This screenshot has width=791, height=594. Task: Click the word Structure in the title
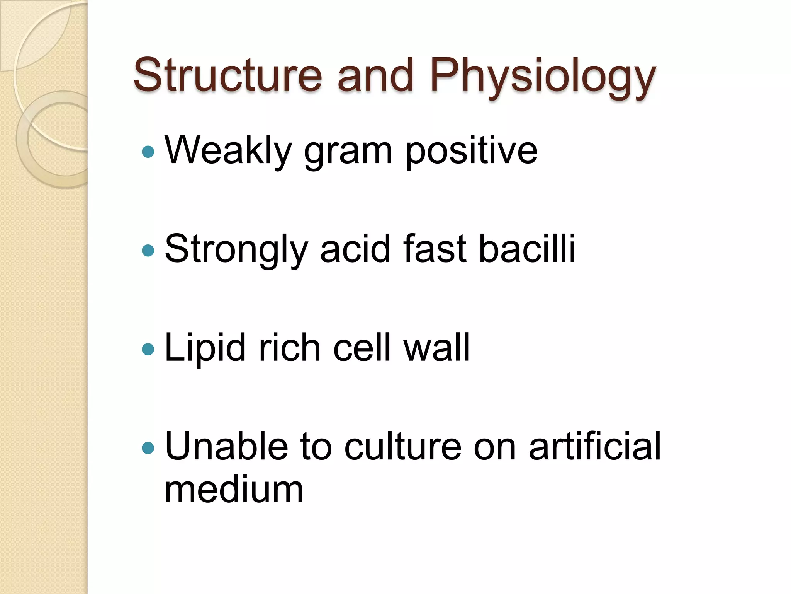[227, 75]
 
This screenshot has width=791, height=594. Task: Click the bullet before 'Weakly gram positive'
[148, 152]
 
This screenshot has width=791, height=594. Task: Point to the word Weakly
[228, 151]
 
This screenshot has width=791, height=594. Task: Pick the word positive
[471, 152]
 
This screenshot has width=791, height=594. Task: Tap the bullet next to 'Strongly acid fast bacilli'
[148, 251]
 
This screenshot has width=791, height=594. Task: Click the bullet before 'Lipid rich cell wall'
[148, 350]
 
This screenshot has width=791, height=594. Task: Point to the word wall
[436, 348]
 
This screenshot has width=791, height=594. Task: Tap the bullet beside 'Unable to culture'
[148, 448]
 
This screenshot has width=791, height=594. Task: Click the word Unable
[226, 447]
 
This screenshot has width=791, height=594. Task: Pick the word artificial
[595, 447]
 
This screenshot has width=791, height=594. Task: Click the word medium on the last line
[234, 490]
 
